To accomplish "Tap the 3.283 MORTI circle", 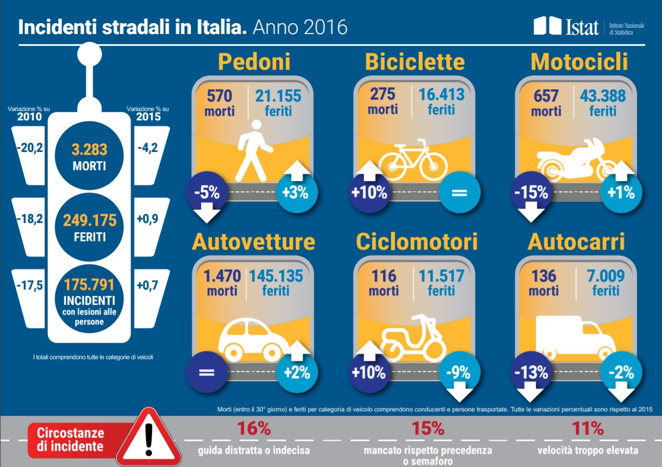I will coord(89,156).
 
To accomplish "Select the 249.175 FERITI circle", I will coord(89,227).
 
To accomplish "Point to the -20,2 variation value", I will coord(30,147).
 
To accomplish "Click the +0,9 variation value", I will coord(147,218).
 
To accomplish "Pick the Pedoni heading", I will coord(254,62).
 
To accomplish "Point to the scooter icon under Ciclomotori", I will coord(413,338).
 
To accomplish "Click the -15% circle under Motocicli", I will coord(531,192).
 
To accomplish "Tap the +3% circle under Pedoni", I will coord(295,192).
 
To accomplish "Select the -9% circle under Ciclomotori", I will coord(458,372).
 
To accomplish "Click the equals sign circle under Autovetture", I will coord(207,372).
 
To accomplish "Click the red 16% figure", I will coord(254,429).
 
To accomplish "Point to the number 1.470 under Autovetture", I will coord(222,276).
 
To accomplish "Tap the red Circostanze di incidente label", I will coord(70,439).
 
